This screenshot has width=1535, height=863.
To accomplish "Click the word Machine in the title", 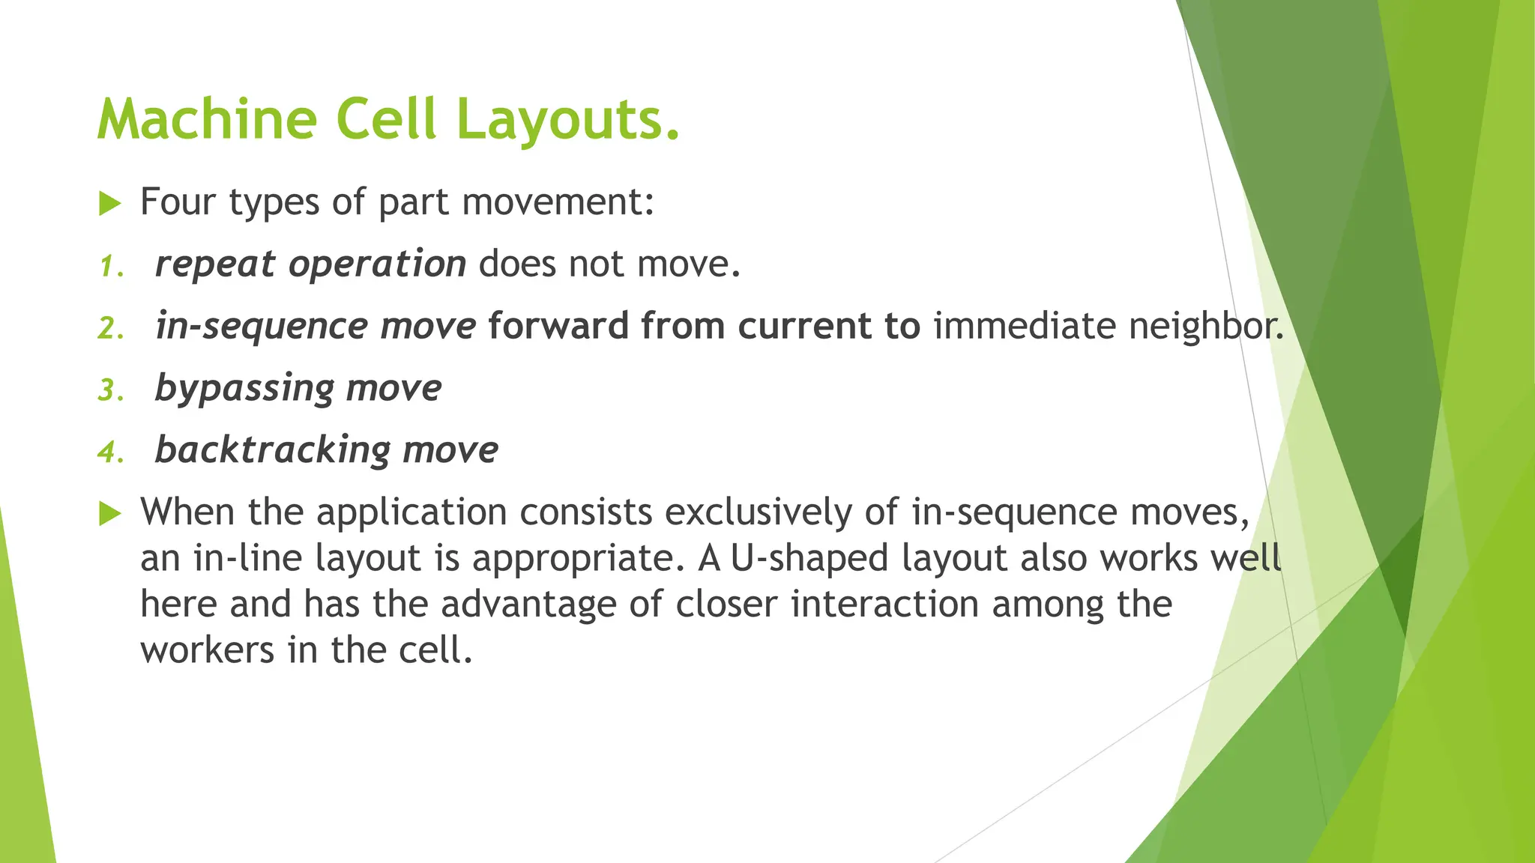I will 207,120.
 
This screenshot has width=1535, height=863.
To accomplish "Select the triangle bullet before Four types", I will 109,203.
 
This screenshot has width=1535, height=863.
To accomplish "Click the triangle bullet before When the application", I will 109,513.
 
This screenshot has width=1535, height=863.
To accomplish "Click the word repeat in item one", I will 214,264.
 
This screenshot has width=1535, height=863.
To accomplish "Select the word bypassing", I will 244,389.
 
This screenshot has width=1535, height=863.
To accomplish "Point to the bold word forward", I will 558,327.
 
